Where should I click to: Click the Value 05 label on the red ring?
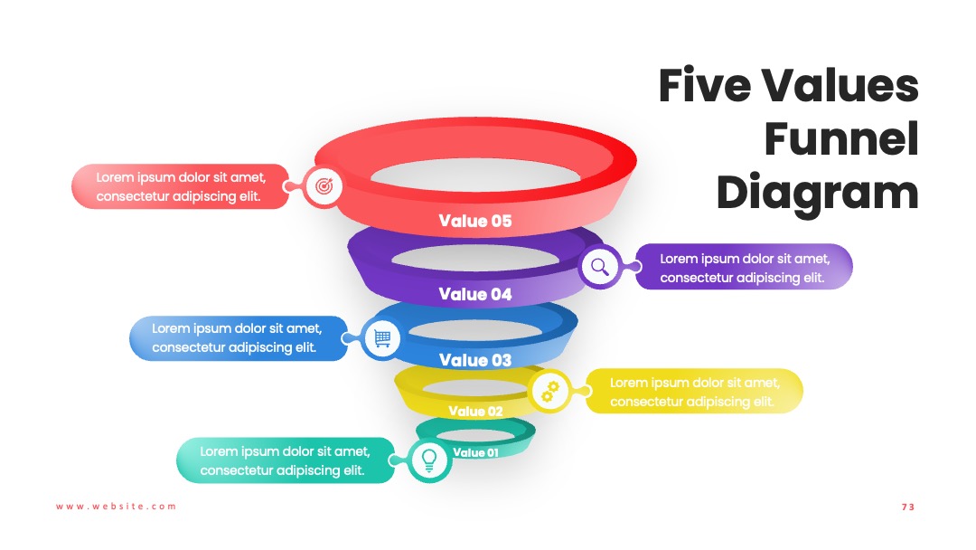475,221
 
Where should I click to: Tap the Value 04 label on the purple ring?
475,294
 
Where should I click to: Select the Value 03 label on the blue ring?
475,360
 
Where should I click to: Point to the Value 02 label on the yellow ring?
475,411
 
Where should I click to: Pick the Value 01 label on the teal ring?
475,453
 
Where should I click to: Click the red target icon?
324,185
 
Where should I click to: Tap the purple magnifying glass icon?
600,267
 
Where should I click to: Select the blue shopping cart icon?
382,338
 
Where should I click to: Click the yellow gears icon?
549,391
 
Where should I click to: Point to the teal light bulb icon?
429,460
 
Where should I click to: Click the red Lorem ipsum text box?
181,186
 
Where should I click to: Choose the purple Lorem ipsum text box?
744,267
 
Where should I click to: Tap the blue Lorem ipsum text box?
239,338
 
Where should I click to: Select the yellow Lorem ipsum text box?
694,391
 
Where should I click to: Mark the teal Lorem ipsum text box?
286,460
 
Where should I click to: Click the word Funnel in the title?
841,139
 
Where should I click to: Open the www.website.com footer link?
117,507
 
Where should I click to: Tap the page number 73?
908,507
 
